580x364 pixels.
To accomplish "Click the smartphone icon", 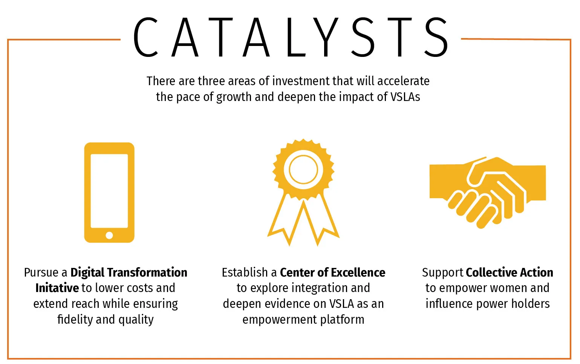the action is (109, 192).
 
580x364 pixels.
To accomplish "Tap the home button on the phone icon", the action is (109, 236).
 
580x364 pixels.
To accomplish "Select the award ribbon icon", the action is (303, 192).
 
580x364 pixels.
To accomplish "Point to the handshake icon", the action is (488, 193).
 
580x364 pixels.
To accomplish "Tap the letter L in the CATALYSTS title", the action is (296, 37).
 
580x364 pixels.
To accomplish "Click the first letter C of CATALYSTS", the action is (145, 37).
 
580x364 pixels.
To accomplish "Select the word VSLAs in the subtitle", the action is (405, 97).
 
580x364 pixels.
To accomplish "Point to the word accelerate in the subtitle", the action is (403, 81).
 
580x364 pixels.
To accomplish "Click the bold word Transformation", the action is (147, 272).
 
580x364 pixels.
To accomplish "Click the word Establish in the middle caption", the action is (245, 272).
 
